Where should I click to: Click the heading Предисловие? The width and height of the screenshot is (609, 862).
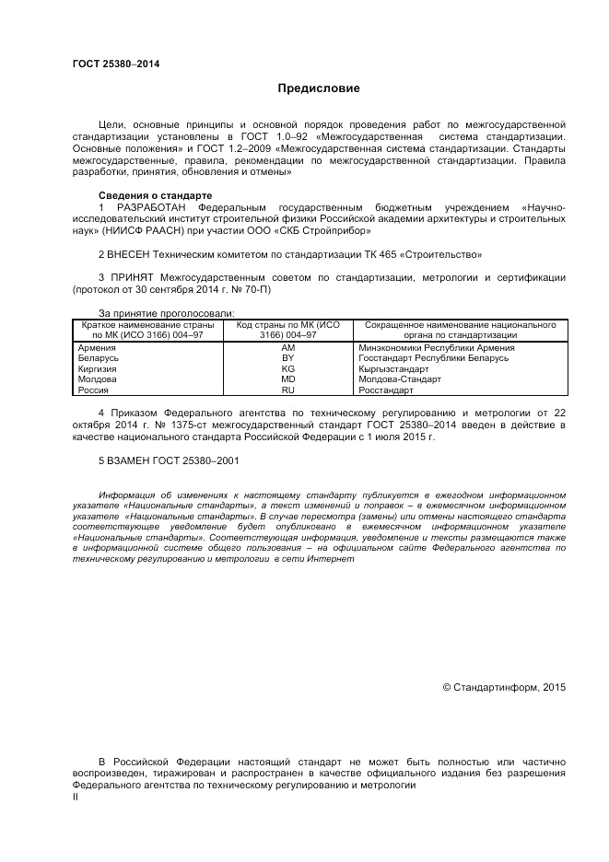(x=319, y=88)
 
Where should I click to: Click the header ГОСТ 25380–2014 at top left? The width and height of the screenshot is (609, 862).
(x=115, y=64)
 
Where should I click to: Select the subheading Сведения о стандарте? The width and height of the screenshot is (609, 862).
(x=155, y=196)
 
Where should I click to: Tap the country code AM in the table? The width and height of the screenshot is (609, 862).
(x=287, y=347)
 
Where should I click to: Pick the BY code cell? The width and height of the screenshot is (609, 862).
(x=287, y=358)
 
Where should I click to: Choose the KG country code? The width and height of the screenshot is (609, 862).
(x=287, y=368)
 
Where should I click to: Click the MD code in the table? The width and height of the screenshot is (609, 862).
(x=287, y=379)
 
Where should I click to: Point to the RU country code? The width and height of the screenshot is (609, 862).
(x=287, y=390)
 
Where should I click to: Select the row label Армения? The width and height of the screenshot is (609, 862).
(x=98, y=347)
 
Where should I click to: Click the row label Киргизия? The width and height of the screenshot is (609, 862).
(x=98, y=368)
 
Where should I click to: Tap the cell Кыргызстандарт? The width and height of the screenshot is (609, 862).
(x=393, y=368)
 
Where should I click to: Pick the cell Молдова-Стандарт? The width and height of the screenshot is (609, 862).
(x=399, y=379)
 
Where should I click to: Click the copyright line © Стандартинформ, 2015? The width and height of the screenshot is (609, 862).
(x=504, y=687)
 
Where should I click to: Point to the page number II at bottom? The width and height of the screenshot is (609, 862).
(x=76, y=798)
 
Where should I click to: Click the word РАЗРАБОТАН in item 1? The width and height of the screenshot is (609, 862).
(x=153, y=208)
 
